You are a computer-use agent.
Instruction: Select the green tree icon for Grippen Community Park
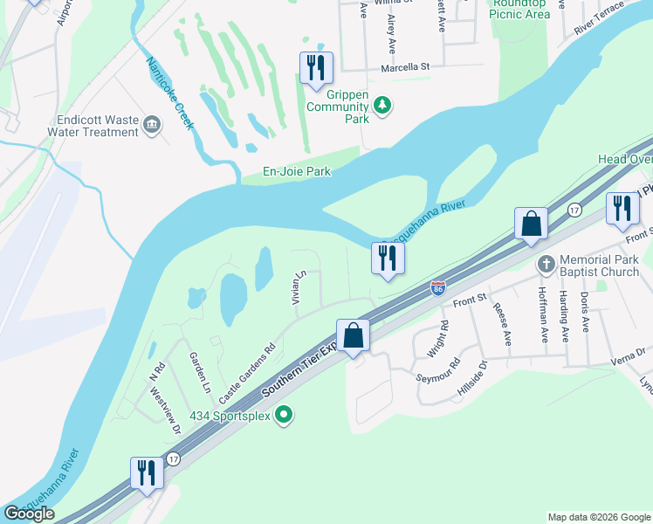coord(382,105)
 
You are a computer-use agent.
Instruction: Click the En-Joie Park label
coord(297,172)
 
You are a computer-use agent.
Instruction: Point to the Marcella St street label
coord(405,66)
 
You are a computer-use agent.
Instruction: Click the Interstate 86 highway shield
coord(438,286)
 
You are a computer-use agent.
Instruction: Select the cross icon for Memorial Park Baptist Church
coord(546,264)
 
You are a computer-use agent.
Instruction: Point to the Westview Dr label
coord(165,410)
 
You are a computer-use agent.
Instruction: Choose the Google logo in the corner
coord(30,514)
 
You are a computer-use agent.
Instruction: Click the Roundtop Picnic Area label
coord(519,9)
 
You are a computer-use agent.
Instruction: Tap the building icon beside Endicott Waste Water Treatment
coord(153,125)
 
